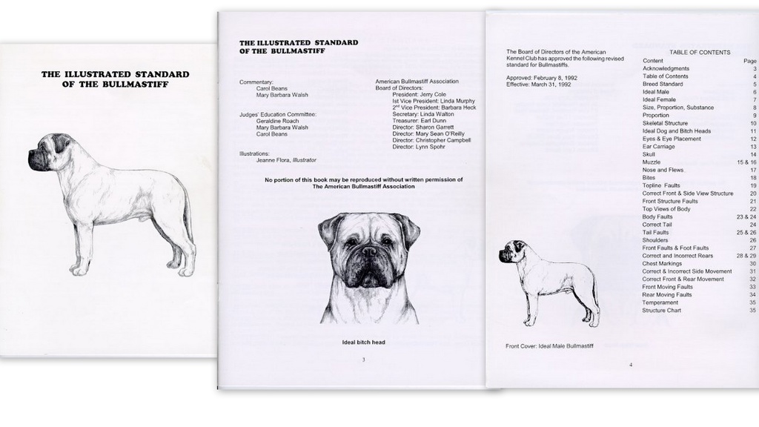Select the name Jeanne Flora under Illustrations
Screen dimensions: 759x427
[x=273, y=160]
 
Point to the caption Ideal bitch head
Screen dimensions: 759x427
[x=363, y=342]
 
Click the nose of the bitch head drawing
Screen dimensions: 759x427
[x=369, y=251]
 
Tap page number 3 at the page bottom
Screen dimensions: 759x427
[x=363, y=360]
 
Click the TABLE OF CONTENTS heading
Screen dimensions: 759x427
[x=700, y=53]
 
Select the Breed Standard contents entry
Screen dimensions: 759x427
[x=663, y=85]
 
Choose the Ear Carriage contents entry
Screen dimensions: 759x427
[x=658, y=147]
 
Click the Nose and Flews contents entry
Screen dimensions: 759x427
[x=663, y=170]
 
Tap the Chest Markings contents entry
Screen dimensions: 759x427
[x=662, y=264]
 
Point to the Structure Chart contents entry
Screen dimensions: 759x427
[x=661, y=311]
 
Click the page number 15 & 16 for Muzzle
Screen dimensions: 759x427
[x=746, y=162]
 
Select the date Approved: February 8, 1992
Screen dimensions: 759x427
[x=542, y=78]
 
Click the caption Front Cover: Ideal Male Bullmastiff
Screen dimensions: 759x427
[x=549, y=346]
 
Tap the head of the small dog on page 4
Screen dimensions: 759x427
[x=508, y=251]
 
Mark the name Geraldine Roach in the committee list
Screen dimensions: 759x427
[x=277, y=121]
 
